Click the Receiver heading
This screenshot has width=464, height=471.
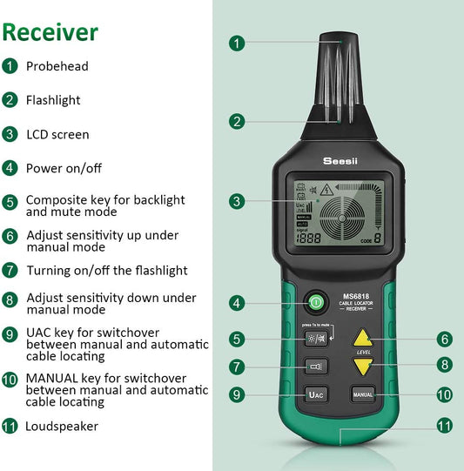pos(50,32)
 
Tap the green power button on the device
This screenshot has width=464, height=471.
pos(314,303)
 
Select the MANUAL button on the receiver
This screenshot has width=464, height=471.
pos(363,394)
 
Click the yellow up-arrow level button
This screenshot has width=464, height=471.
pos(364,338)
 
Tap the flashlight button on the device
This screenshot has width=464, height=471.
pos(315,367)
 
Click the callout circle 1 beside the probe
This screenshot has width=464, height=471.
pos(238,43)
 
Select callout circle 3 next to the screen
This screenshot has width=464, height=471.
pos(238,201)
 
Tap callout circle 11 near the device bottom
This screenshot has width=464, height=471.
pos(444,427)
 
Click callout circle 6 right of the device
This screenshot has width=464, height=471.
pos(444,339)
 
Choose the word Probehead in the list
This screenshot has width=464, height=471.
pos(57,66)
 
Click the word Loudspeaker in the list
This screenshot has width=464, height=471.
pos(62,427)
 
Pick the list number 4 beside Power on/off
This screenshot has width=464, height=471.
pos(10,168)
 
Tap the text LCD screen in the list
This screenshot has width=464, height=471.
pos(57,134)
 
